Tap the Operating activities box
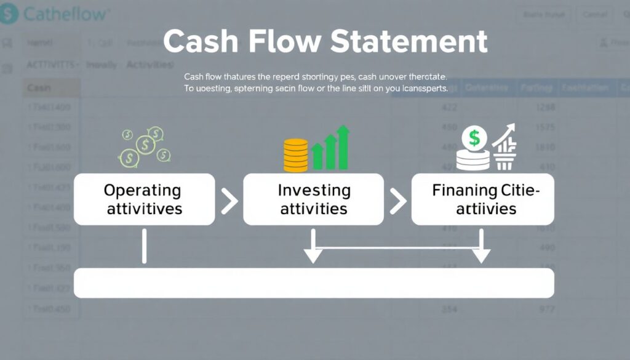click(x=144, y=199)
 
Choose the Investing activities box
click(x=314, y=199)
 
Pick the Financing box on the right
click(x=482, y=199)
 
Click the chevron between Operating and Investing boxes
click(x=229, y=201)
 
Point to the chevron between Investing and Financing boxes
click(x=398, y=201)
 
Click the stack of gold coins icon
click(x=295, y=155)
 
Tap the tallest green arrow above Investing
click(x=343, y=147)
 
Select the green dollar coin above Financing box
click(x=474, y=138)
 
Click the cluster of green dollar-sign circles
click(x=145, y=146)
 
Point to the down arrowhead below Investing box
click(x=313, y=255)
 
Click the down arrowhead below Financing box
click(x=481, y=255)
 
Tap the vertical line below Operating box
click(x=144, y=246)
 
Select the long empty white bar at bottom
click(x=314, y=283)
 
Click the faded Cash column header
click(x=39, y=88)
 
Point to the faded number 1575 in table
click(x=544, y=128)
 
